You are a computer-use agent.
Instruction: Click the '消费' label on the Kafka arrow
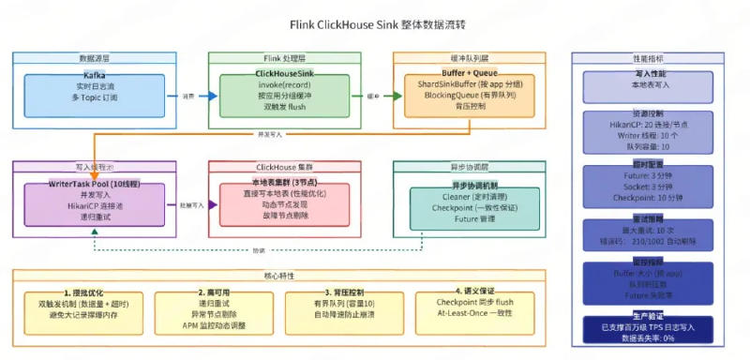pyautogui.click(x=187, y=96)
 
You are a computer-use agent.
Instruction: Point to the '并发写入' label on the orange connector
pyautogui.click(x=269, y=134)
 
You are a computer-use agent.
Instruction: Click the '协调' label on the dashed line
pyautogui.click(x=259, y=250)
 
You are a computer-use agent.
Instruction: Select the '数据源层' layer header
pyautogui.click(x=93, y=58)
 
